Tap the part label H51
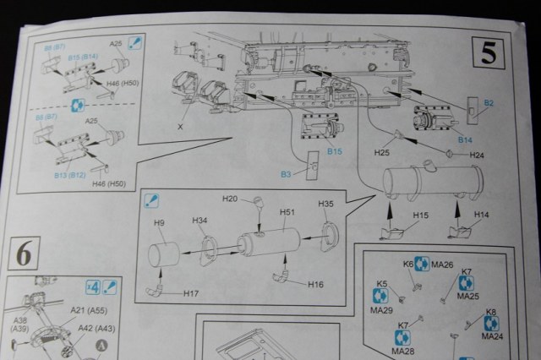[x=287, y=213]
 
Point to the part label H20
[x=230, y=199]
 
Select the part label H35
[x=326, y=205]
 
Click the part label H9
[x=159, y=223]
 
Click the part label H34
[x=199, y=221]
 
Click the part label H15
[x=421, y=215]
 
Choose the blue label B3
[x=287, y=173]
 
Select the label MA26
[x=443, y=265]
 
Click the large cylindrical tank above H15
[x=431, y=181]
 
